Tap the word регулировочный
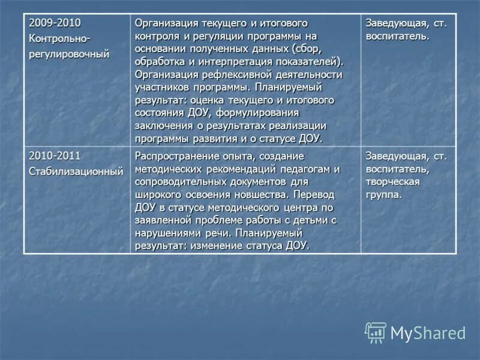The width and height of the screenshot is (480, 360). (69, 54)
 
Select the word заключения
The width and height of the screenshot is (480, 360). (161, 125)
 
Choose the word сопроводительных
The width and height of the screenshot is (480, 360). (182, 182)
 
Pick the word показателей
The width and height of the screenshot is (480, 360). (305, 61)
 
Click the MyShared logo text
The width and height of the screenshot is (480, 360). (428, 333)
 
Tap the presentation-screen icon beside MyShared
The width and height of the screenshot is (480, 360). (376, 332)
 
